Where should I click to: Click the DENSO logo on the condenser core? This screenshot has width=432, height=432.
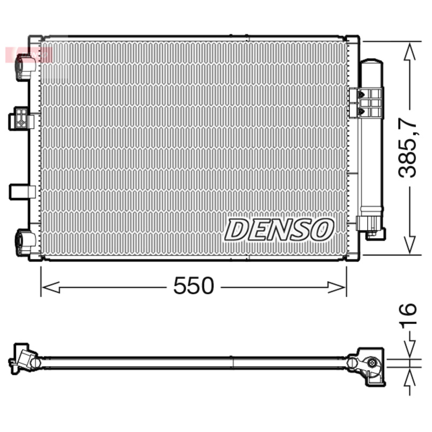point(279,230)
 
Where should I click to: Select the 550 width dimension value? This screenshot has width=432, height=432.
point(193,286)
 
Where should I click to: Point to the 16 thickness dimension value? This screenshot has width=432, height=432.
point(409,316)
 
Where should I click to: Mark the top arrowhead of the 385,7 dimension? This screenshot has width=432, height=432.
point(410,52)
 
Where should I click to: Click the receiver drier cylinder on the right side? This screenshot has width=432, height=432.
point(372,135)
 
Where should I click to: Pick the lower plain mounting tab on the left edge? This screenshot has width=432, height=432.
point(22,192)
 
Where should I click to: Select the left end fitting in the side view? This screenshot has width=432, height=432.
point(24,357)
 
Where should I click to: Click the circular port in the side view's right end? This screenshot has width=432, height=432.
point(372,363)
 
